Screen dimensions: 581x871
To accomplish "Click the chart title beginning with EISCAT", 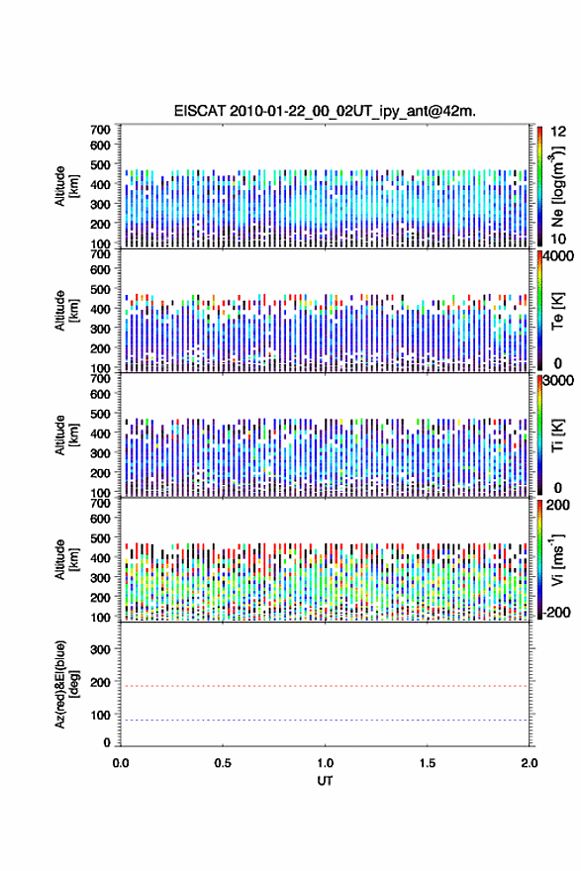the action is click(325, 111).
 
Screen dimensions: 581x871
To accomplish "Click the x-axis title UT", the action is click(325, 781).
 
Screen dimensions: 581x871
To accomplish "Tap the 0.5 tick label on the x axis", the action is click(223, 763).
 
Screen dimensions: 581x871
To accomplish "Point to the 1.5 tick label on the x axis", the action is click(428, 763).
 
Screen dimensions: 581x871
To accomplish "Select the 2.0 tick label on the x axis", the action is click(530, 763).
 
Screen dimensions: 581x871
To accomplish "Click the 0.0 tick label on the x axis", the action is click(121, 763).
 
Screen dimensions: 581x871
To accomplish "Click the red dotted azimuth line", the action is click(325, 686).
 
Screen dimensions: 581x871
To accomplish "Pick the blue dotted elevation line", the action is click(325, 720).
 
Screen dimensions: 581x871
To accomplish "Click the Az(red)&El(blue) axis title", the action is click(66, 684).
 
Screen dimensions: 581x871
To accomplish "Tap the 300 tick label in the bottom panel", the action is click(100, 649).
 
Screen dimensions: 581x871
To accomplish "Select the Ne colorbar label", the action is click(557, 186).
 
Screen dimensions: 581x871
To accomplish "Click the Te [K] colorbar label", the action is click(557, 311).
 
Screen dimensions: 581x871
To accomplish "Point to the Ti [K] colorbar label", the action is click(557, 435).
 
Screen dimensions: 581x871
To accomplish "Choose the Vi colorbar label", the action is click(557, 559).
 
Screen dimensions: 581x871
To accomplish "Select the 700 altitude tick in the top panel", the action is click(100, 130).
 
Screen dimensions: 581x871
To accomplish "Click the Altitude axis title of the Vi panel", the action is click(66, 559).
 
